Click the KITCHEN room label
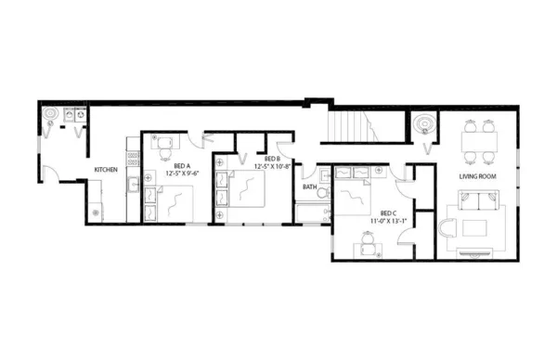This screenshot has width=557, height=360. click(105, 170)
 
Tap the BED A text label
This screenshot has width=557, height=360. click(184, 165)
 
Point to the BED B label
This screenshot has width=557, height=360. click(272, 159)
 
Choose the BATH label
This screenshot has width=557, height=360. click(309, 186)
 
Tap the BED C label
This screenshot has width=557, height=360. click(388, 213)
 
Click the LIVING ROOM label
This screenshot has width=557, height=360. click(481, 175)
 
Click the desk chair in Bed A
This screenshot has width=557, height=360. click(166, 144)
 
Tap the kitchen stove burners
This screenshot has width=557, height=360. click(133, 158)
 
